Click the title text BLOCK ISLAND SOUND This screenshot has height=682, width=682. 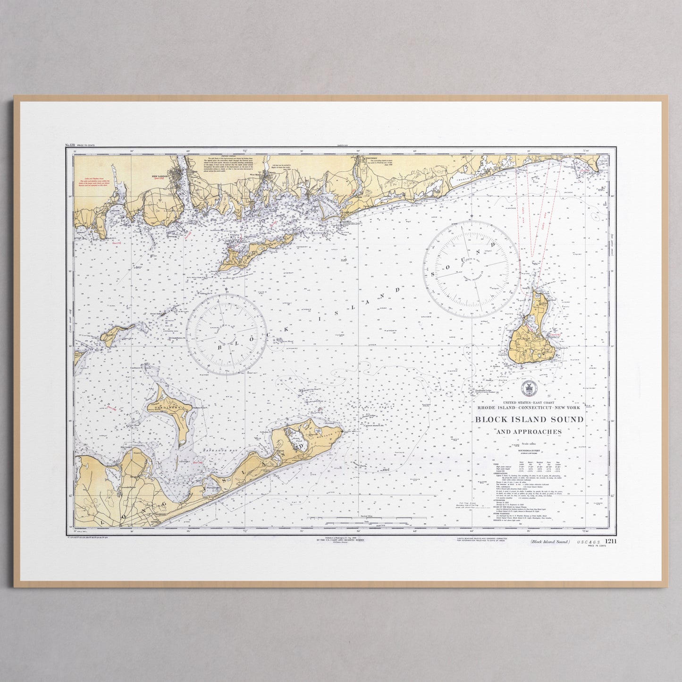(x=529, y=419)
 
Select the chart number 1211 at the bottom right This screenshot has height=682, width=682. (x=610, y=541)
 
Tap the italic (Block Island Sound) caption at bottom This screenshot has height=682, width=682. (x=549, y=542)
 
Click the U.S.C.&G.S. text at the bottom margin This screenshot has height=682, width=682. (x=588, y=542)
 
